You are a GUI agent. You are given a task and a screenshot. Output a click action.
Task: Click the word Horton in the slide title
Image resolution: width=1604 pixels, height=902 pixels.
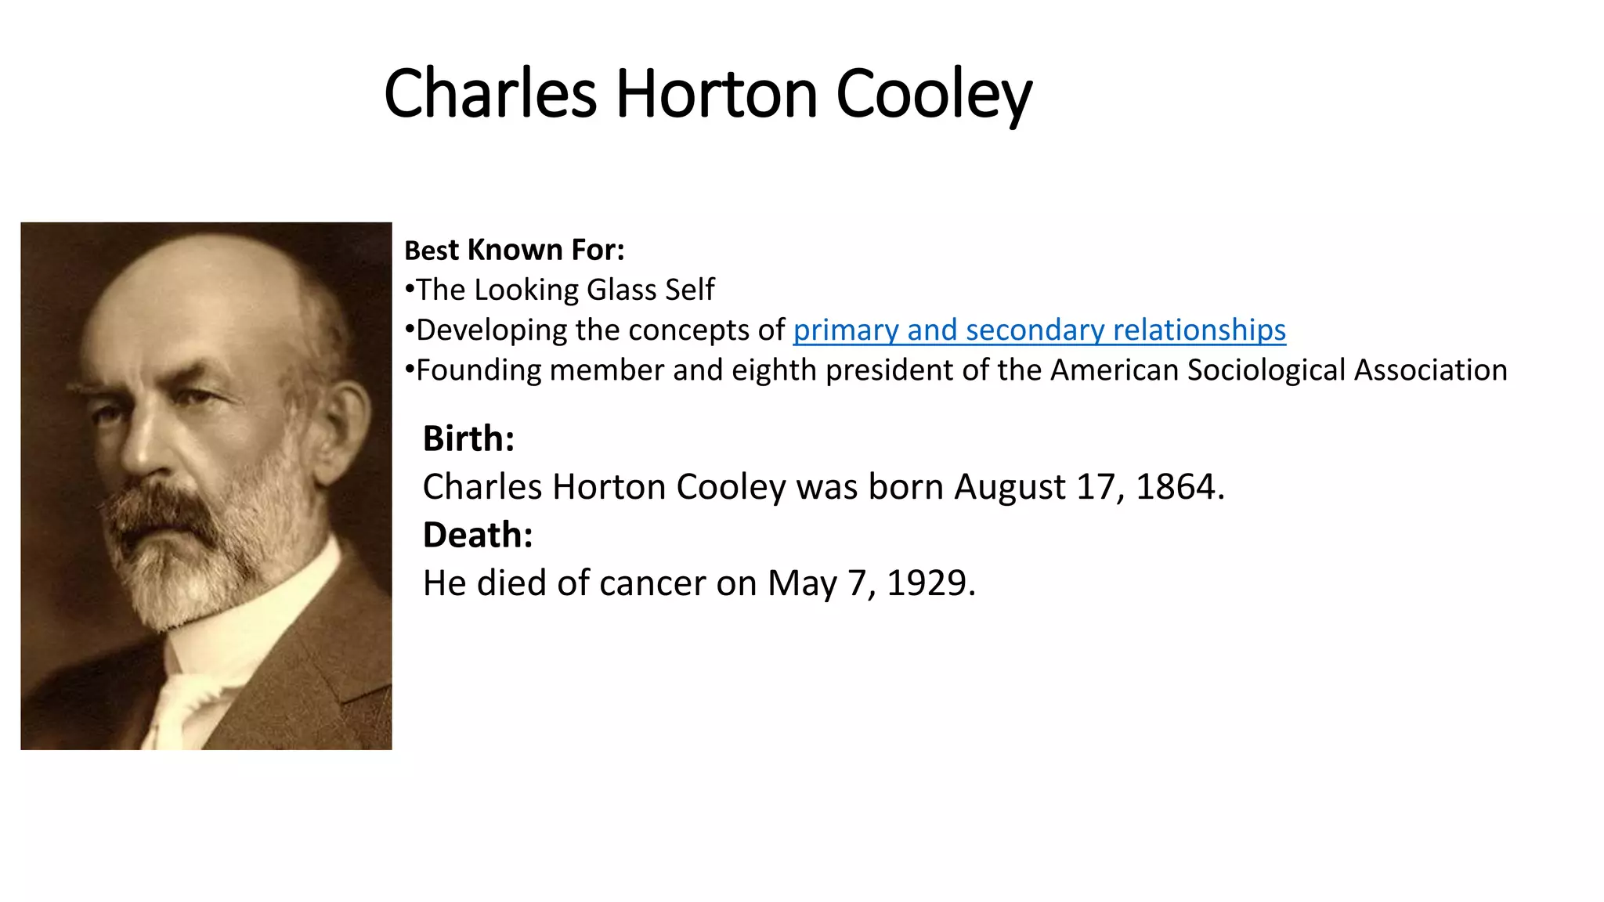[717, 94]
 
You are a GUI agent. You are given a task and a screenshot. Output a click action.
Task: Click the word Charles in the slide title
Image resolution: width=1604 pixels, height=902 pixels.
[490, 94]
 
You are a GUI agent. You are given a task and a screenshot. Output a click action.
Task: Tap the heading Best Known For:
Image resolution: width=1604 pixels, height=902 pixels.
[515, 251]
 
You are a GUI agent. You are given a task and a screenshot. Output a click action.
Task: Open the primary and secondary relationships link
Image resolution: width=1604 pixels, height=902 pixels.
[1039, 330]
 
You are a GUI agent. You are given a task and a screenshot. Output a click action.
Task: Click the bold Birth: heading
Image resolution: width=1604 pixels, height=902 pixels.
[468, 438]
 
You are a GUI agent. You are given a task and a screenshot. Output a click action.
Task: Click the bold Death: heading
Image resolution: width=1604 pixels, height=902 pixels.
[478, 536]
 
